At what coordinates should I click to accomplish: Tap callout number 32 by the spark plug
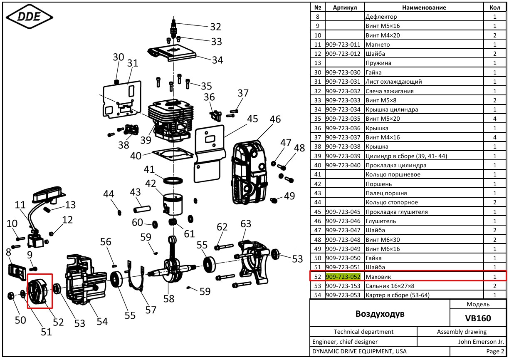(215, 27)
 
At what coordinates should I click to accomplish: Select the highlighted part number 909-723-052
(343, 277)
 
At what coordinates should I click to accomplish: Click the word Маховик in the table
(378, 277)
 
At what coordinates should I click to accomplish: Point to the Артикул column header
(345, 7)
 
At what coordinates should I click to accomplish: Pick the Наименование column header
(424, 7)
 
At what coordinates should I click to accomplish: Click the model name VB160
(478, 318)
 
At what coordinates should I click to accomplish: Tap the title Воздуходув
(380, 313)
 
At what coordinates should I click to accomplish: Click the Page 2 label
(495, 351)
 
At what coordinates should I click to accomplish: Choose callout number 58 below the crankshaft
(168, 298)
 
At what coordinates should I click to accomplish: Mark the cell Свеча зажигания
(390, 91)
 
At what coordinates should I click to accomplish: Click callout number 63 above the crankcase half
(246, 224)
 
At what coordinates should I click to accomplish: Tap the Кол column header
(494, 7)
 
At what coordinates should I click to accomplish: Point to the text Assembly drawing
(462, 332)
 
